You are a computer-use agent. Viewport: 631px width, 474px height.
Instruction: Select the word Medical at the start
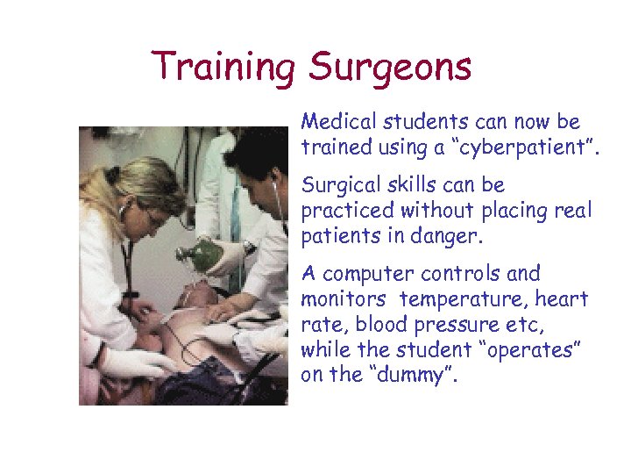coord(337,121)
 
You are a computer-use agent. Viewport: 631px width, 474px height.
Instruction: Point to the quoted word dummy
coord(400,375)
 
